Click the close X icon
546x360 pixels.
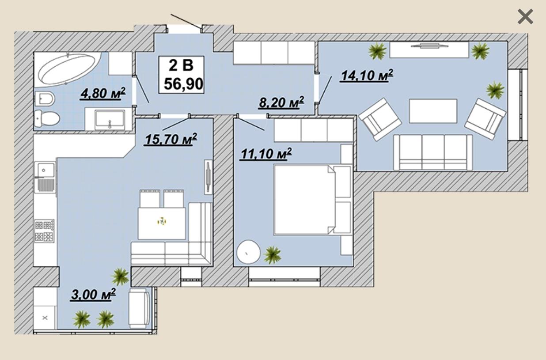(525, 17)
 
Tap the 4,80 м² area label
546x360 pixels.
(102, 93)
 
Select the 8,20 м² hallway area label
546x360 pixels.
(281, 102)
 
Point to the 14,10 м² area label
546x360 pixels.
(367, 76)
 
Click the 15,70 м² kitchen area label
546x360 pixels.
(171, 139)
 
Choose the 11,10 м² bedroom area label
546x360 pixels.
(266, 154)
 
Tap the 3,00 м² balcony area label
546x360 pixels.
(93, 294)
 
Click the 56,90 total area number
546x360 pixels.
(183, 84)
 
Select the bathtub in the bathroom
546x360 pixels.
(68, 69)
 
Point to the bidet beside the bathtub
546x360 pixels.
(45, 99)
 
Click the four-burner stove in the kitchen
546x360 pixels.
(44, 231)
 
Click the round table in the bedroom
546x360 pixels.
(248, 252)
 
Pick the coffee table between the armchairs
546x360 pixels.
(433, 111)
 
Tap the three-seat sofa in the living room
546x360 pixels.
(433, 152)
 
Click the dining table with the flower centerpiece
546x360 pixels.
(162, 223)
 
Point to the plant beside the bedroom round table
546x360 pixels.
(272, 255)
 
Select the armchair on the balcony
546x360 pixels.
(139, 308)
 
